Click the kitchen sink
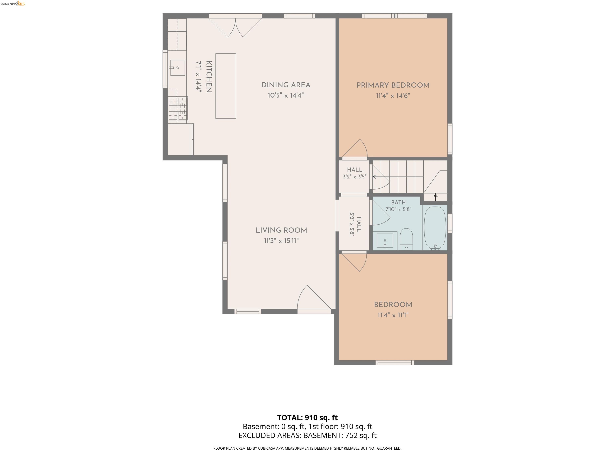(177, 67)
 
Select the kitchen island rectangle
(226, 86)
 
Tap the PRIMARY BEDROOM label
(393, 85)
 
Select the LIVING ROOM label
(281, 230)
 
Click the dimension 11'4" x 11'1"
(393, 315)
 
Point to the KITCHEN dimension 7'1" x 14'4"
(199, 77)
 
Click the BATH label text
(398, 202)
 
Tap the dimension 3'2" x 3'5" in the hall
(355, 176)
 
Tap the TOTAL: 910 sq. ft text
(307, 418)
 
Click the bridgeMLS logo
(13, 4)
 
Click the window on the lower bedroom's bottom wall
(395, 363)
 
